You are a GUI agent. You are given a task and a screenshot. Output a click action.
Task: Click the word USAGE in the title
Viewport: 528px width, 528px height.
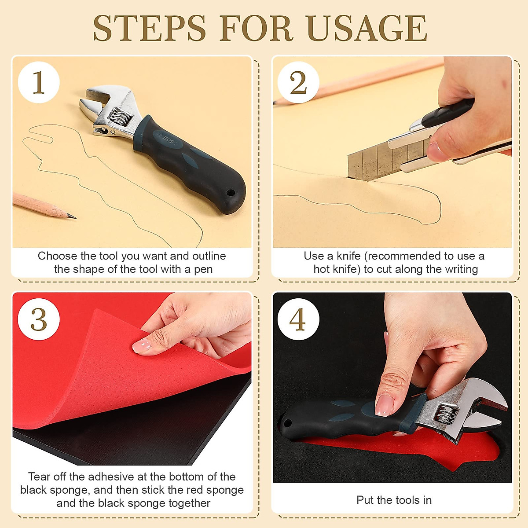pos(367,29)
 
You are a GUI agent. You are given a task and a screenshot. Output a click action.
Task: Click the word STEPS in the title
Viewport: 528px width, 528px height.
pos(150,29)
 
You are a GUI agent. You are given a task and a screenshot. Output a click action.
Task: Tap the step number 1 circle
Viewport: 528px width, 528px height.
pos(39,82)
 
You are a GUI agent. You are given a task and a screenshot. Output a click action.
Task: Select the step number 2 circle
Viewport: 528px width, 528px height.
pos(298,82)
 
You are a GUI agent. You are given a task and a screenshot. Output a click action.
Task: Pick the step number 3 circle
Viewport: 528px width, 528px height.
pos(39,319)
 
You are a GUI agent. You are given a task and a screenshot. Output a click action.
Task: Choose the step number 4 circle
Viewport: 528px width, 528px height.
pos(298,319)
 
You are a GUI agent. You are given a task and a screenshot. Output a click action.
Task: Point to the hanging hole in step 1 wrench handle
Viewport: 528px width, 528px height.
pos(231,192)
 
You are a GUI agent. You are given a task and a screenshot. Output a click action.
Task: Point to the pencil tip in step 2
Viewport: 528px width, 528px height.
pos(275,102)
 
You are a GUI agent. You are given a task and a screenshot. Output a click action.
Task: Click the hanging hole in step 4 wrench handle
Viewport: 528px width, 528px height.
pos(288,423)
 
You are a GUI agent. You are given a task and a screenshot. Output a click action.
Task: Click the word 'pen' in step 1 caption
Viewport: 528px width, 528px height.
pos(204,269)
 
